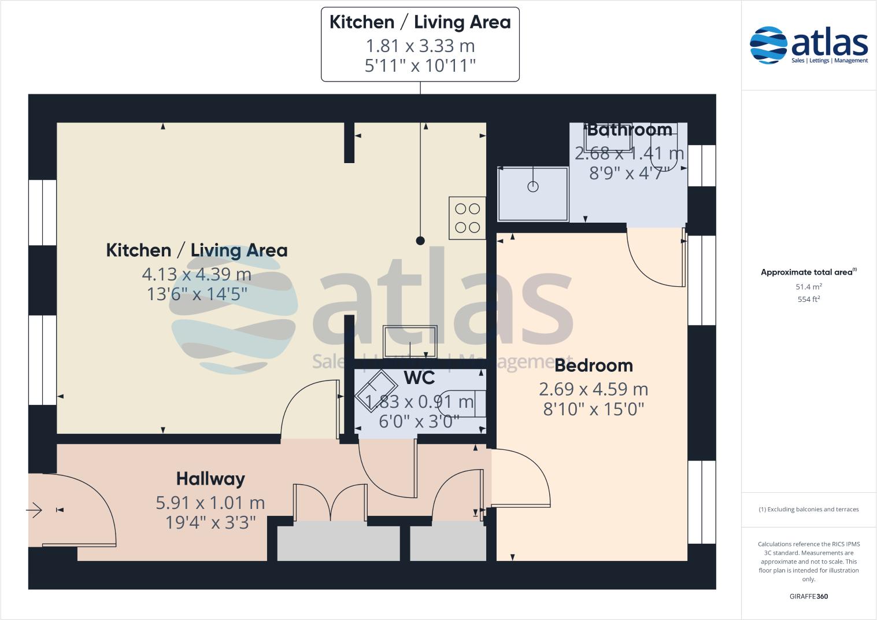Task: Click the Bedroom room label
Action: pyautogui.click(x=594, y=366)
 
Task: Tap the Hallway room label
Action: pyautogui.click(x=210, y=479)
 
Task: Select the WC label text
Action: pyautogui.click(x=419, y=378)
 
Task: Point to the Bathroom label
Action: pyautogui.click(x=630, y=130)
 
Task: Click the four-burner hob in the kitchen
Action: pyautogui.click(x=467, y=218)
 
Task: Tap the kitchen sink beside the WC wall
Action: pyautogui.click(x=410, y=342)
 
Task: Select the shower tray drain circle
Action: pyautogui.click(x=533, y=186)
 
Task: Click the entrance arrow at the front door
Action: pyautogui.click(x=35, y=510)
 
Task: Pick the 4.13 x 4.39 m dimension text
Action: pyautogui.click(x=197, y=274)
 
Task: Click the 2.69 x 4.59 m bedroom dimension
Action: pyautogui.click(x=593, y=389)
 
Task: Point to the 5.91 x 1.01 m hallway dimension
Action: pyautogui.click(x=210, y=503)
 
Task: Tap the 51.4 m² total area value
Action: pyautogui.click(x=808, y=287)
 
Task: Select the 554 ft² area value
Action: pyautogui.click(x=808, y=299)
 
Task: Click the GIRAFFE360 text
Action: pyautogui.click(x=808, y=596)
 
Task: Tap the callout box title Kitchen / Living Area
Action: pyautogui.click(x=420, y=22)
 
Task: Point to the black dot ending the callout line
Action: pyautogui.click(x=420, y=241)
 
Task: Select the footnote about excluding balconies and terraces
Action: pyautogui.click(x=808, y=510)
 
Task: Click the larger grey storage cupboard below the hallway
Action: pyautogui.click(x=338, y=543)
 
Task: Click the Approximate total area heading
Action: pyautogui.click(x=807, y=272)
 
